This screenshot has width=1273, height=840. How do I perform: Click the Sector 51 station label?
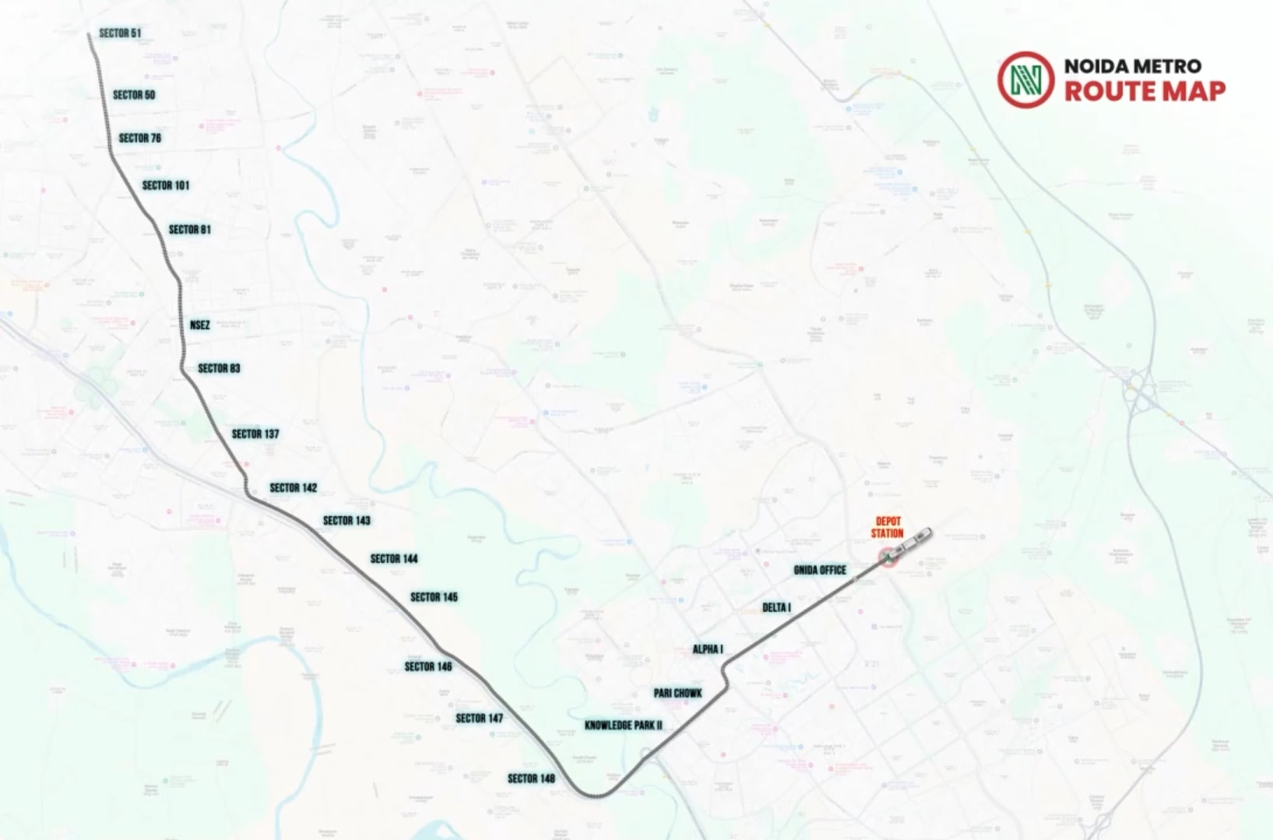tap(120, 33)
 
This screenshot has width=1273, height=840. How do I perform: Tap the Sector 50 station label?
tap(134, 95)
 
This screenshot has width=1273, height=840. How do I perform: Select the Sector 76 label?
tap(140, 138)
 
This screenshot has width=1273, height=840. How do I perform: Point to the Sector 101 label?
tap(166, 185)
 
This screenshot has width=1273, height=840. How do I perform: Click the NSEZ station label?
tap(200, 325)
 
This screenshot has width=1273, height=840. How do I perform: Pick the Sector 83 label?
tap(219, 368)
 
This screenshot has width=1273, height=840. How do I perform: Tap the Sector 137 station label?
tap(255, 434)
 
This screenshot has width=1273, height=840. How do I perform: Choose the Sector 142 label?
tap(294, 487)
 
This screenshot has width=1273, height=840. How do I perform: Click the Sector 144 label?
tap(394, 558)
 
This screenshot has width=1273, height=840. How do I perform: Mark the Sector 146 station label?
tap(428, 666)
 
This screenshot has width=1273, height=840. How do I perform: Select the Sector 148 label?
tap(531, 778)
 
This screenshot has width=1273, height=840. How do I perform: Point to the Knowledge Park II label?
tap(624, 726)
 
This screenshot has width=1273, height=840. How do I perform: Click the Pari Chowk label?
tap(678, 693)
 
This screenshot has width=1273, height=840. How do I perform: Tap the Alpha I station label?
tap(708, 649)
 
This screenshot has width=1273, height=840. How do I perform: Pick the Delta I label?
tap(776, 607)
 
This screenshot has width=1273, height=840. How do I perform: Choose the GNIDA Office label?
tap(820, 570)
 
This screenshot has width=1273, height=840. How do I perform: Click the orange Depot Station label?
tap(888, 528)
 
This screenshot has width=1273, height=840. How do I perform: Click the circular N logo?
tap(1025, 79)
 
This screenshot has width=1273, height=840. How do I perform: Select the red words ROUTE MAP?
tap(1145, 92)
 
